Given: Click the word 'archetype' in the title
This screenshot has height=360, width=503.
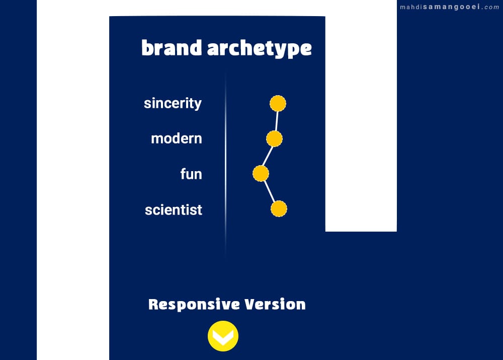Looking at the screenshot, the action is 260,49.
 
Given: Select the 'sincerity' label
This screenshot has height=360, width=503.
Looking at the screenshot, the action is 173,103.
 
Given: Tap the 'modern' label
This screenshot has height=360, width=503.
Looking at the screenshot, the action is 177,139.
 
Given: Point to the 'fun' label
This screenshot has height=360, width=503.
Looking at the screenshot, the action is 191,174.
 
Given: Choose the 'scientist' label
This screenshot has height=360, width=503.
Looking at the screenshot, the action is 174,210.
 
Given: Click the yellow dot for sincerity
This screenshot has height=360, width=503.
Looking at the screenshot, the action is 278,103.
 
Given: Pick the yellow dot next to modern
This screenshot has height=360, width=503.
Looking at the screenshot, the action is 274,139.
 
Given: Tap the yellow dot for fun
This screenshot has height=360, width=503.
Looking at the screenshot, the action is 261,173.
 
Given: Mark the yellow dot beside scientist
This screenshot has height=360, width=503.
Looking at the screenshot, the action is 279,209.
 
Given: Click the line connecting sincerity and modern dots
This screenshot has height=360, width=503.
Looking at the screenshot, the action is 276,121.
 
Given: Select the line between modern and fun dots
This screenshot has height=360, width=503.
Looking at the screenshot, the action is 268,156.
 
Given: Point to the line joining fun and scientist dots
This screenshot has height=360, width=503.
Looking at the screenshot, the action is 270,191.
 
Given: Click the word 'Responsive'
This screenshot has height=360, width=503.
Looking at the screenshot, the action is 194,305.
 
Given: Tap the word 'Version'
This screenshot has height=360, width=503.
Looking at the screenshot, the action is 275,304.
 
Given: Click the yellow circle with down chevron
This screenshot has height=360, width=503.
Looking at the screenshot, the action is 223,336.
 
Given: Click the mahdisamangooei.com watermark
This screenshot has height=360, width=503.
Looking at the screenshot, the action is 449,7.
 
